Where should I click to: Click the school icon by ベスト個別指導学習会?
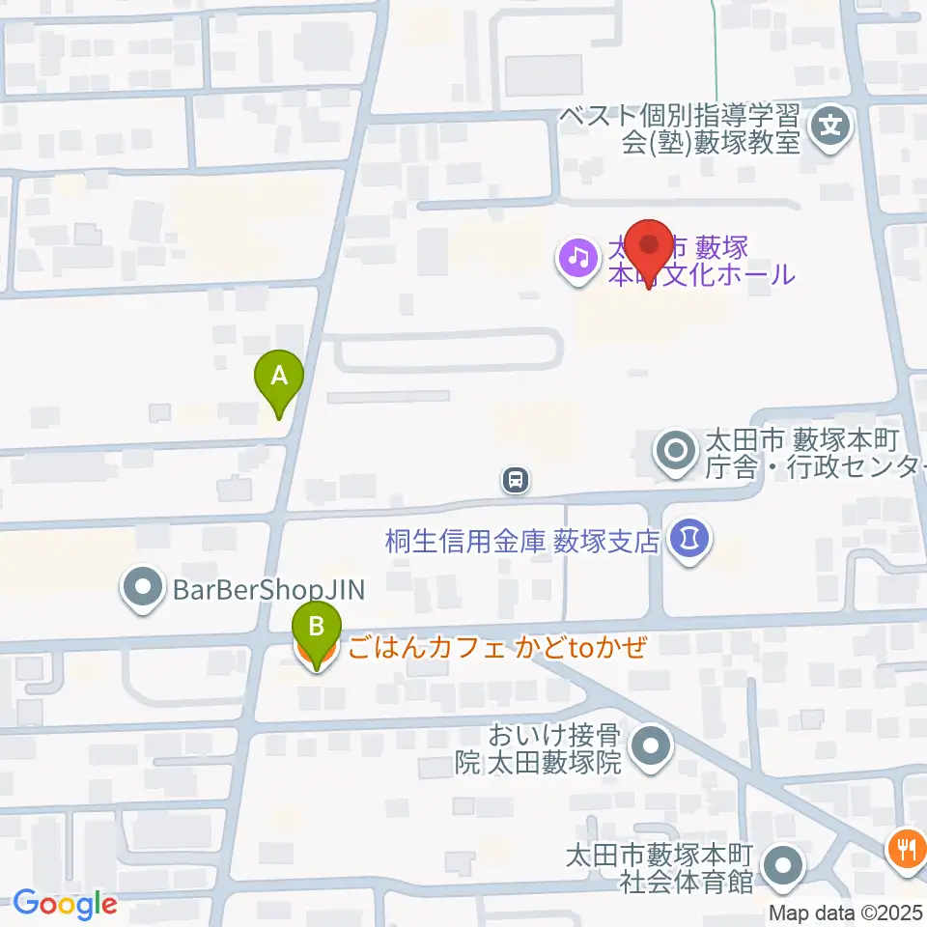coord(829,125)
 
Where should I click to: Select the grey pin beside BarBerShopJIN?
coord(143,588)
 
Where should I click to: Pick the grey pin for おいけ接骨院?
coord(651,748)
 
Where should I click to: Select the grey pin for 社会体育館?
coord(784,866)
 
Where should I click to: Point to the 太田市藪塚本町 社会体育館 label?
coord(660,867)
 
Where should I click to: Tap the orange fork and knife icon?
coord(905,848)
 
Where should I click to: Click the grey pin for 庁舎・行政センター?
coord(673,451)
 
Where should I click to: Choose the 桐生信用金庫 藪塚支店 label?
coord(522,540)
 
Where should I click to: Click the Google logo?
coord(65,904)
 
